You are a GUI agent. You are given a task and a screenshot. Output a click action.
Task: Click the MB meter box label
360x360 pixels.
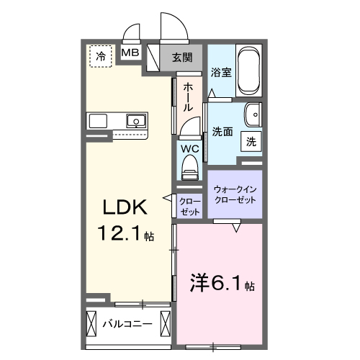click(130, 53)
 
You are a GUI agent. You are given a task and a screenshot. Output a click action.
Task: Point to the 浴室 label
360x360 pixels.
click(220, 73)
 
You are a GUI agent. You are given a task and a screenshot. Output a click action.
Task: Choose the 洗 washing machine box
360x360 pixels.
click(251, 142)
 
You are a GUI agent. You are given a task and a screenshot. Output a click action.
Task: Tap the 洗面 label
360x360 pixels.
click(222, 132)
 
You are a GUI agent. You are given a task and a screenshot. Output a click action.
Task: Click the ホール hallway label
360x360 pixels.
click(188, 96)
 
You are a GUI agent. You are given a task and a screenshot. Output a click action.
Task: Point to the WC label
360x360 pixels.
click(189, 148)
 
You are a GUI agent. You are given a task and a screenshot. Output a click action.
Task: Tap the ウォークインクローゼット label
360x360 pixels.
click(235, 194)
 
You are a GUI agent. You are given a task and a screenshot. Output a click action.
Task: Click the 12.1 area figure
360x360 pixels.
click(115, 234)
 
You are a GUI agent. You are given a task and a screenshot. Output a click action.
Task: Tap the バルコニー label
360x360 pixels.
click(127, 325)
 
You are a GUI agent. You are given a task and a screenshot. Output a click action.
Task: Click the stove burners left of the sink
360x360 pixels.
click(98, 120)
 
